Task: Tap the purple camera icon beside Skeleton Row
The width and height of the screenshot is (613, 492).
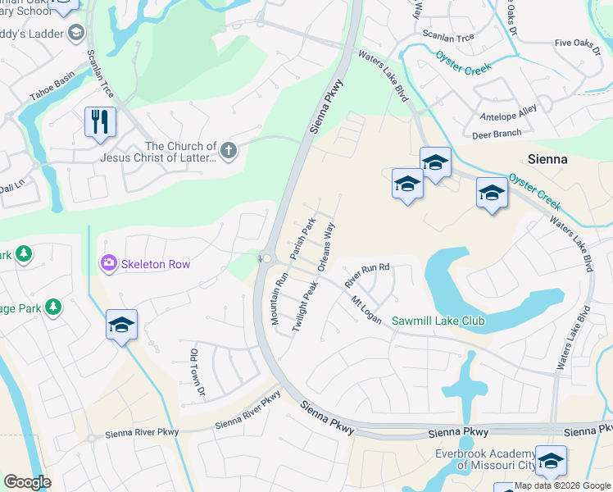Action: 108,263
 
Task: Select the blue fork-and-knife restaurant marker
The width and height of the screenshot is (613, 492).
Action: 100,122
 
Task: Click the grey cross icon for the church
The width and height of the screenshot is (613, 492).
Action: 229,151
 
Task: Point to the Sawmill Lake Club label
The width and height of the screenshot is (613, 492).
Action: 438,321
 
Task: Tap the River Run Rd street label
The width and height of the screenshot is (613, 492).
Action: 366,275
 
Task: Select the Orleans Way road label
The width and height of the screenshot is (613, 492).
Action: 326,245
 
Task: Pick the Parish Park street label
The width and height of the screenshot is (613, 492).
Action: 302,235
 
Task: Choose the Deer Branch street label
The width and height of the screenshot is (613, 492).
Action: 497,134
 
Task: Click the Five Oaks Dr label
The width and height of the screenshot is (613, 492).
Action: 579,42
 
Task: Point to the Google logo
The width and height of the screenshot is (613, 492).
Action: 27,482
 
